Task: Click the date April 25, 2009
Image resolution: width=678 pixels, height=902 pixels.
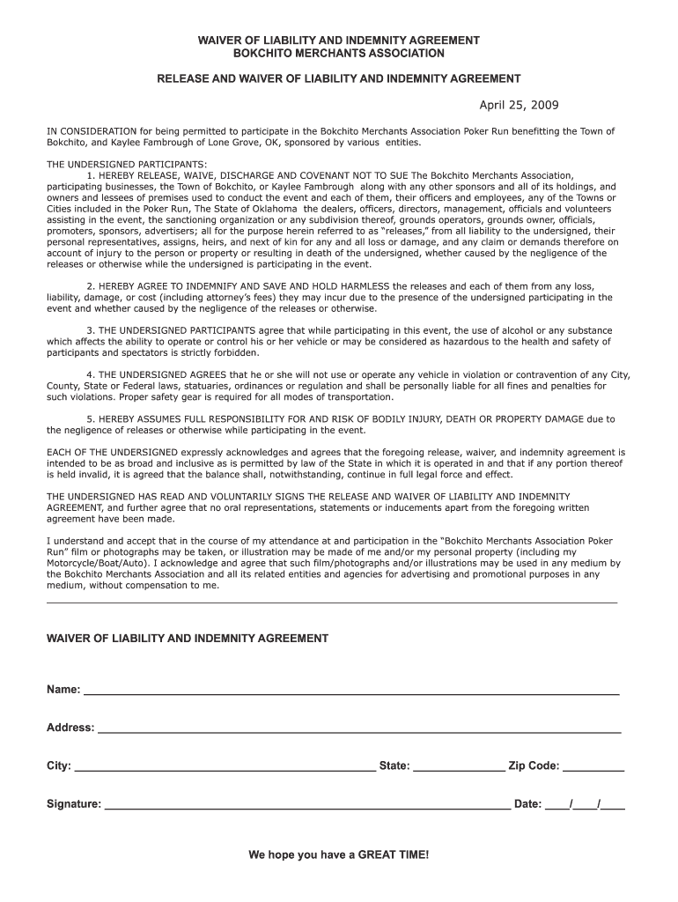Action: (519, 106)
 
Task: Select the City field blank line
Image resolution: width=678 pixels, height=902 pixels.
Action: (225, 768)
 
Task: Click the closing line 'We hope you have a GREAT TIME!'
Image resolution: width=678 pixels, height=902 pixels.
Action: (338, 855)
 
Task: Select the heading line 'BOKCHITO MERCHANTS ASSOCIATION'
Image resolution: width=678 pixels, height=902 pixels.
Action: (338, 54)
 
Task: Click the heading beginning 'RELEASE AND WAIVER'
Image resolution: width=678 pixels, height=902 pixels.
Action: (338, 78)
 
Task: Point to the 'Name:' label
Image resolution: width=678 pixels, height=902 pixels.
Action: (63, 689)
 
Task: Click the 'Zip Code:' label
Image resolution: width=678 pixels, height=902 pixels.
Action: (534, 766)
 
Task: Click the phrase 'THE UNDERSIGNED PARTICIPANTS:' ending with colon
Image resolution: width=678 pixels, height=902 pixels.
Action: (127, 165)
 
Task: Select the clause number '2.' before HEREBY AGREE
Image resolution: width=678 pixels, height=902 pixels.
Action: (91, 286)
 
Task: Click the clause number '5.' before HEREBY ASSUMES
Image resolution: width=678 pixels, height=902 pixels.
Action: (91, 419)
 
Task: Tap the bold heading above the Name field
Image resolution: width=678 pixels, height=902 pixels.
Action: (188, 638)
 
